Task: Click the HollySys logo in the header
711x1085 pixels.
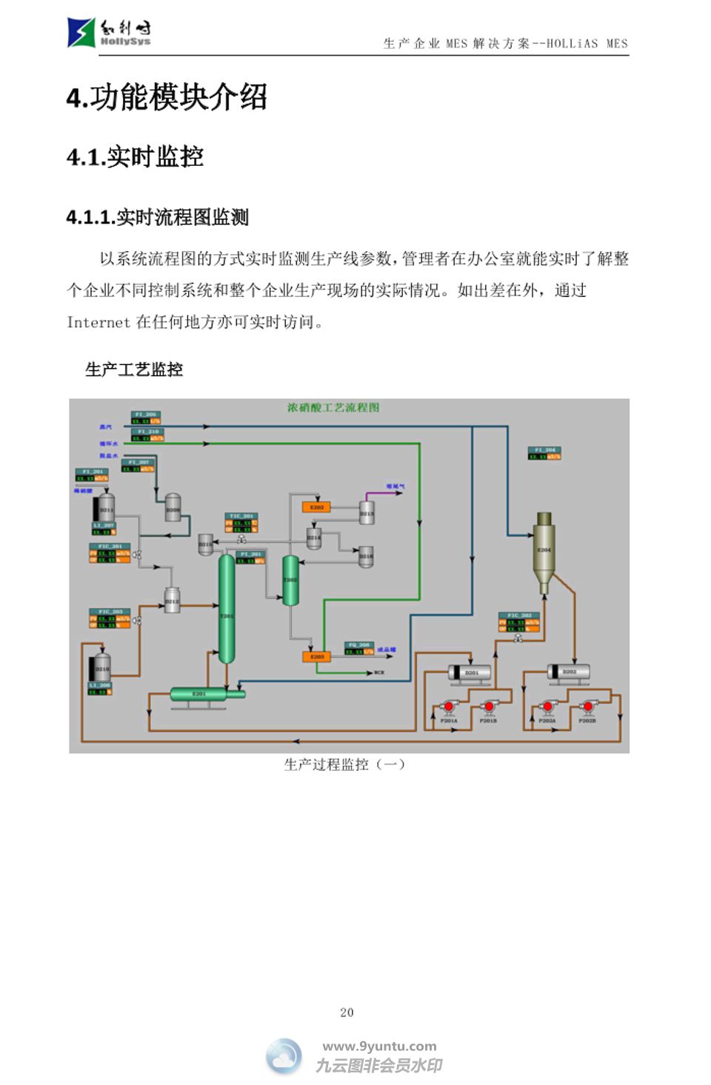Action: tap(109, 33)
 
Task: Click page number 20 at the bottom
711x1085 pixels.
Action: tap(347, 1012)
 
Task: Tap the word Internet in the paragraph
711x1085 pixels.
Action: tap(98, 322)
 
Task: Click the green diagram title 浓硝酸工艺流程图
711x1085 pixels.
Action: tap(333, 407)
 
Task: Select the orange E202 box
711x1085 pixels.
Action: tap(316, 507)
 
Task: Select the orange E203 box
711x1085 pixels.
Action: tap(316, 657)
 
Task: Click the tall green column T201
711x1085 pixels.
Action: tap(227, 607)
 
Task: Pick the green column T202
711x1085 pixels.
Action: tap(291, 580)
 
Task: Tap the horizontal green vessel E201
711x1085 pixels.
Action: tap(200, 694)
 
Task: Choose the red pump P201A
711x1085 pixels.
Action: tap(448, 707)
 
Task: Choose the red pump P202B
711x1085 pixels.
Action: tap(587, 707)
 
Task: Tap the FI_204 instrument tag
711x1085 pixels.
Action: tap(545, 453)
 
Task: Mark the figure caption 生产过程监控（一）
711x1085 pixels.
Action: tap(344, 764)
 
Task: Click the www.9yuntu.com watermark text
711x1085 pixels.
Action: tap(379, 1046)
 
